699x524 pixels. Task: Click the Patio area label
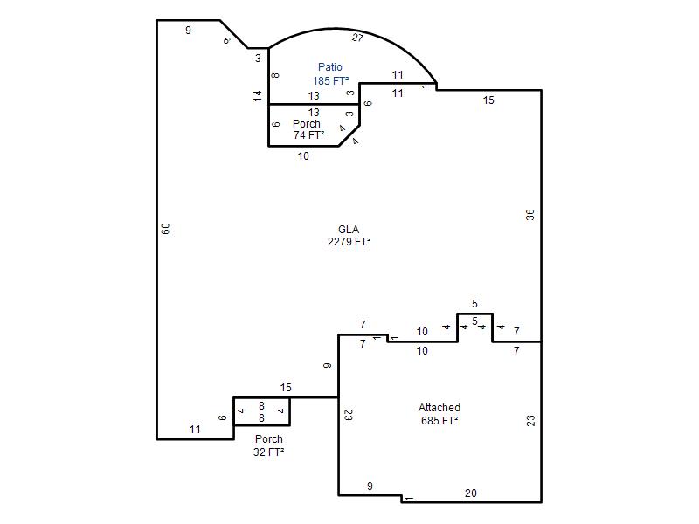[330, 67]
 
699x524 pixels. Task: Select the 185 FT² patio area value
[330, 80]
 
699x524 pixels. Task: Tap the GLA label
[349, 229]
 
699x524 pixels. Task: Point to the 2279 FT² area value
[349, 242]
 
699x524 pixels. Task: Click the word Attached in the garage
[439, 407]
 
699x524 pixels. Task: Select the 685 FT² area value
[439, 420]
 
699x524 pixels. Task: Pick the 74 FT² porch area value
[308, 134]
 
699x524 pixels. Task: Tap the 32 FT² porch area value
[269, 452]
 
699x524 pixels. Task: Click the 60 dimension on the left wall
[165, 229]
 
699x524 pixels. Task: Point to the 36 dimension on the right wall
[529, 215]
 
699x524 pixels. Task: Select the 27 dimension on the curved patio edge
[357, 38]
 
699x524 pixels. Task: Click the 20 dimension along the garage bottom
[471, 493]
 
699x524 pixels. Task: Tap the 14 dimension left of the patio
[257, 96]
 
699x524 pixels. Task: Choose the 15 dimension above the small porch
[286, 388]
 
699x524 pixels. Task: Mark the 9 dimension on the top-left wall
[188, 31]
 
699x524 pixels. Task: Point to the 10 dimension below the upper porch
[303, 156]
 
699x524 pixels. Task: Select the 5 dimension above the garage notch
[474, 303]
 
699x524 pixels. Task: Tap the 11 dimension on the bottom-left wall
[195, 430]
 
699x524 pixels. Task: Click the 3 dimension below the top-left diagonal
[258, 58]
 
